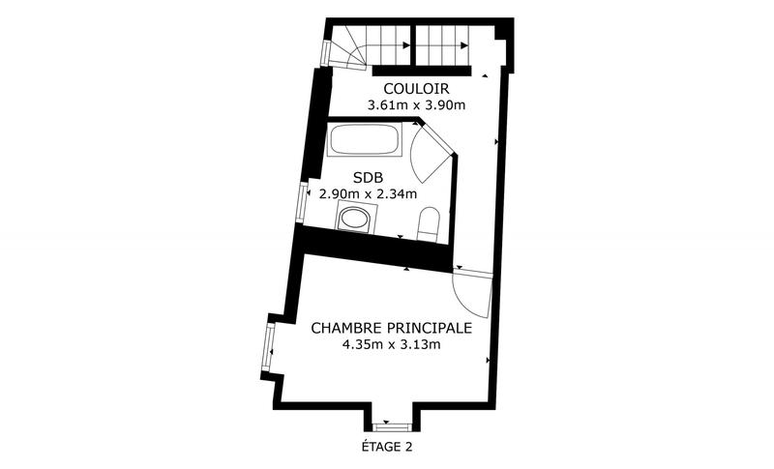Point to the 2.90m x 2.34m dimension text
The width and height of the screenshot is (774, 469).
pyautogui.click(x=368, y=193)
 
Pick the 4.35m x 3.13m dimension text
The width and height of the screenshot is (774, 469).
pyautogui.click(x=391, y=344)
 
